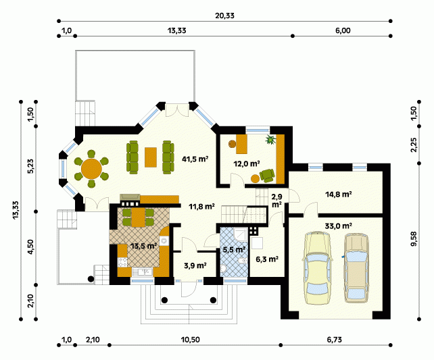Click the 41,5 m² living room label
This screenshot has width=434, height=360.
point(195,159)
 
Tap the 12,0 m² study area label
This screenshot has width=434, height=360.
point(247,164)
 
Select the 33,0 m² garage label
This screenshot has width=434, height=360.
point(338,226)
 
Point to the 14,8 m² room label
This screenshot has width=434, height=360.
point(338,195)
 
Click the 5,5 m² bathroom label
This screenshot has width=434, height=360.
point(234,250)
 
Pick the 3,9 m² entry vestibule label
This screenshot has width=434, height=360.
point(195,265)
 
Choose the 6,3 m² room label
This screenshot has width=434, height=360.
point(267,259)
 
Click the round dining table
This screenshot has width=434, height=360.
point(91,169)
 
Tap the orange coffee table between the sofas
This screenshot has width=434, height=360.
point(151,157)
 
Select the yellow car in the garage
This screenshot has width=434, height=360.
point(317,268)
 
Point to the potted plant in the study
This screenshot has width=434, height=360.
point(270,140)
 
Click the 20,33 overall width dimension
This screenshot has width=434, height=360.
point(224,16)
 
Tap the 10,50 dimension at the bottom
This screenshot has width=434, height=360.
point(191,340)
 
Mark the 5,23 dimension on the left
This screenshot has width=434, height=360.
point(30,166)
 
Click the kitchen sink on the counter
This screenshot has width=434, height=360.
point(142,272)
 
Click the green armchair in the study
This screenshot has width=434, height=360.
point(267,176)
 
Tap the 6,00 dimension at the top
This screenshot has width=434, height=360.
point(343,30)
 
